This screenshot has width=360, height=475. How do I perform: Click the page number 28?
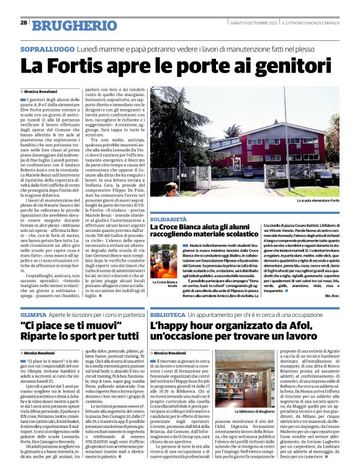23,23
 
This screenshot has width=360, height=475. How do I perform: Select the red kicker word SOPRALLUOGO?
47,48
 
